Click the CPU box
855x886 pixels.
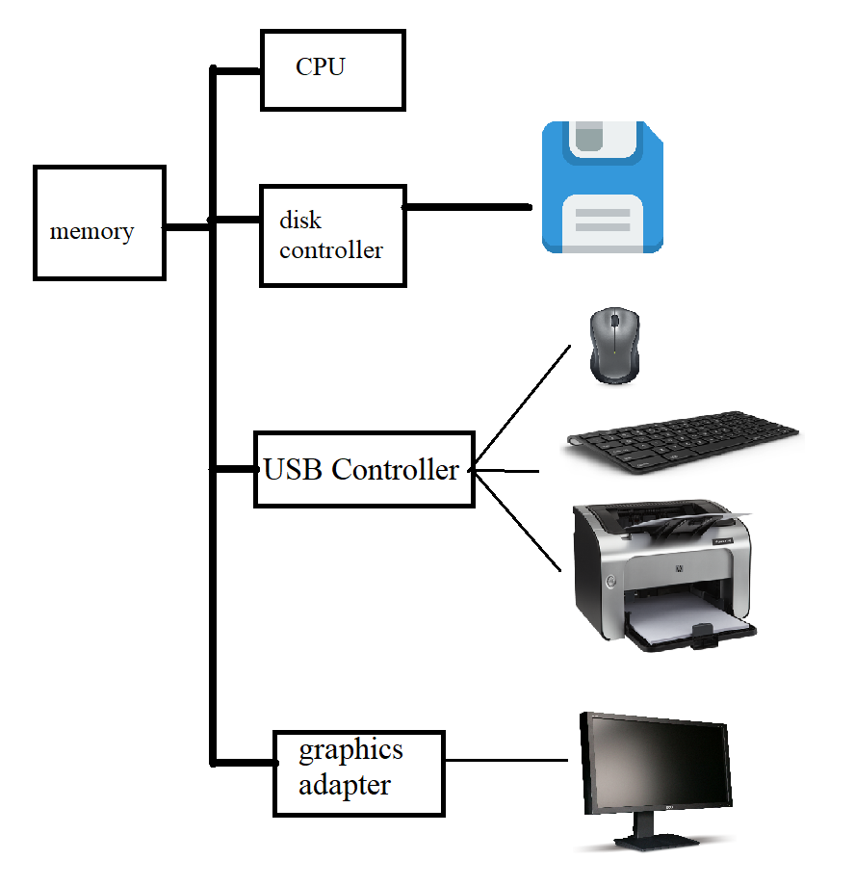(332, 69)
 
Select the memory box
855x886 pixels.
(99, 222)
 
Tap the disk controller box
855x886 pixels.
(332, 236)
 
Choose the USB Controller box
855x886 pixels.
(364, 469)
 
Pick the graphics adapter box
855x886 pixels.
(359, 773)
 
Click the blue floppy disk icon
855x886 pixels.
(603, 188)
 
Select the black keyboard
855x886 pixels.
(683, 443)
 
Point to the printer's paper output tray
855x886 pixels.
(688, 631)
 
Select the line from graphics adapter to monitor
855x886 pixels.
(505, 760)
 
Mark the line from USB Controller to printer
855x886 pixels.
(520, 525)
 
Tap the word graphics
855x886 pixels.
(350, 749)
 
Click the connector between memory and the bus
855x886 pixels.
(188, 227)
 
